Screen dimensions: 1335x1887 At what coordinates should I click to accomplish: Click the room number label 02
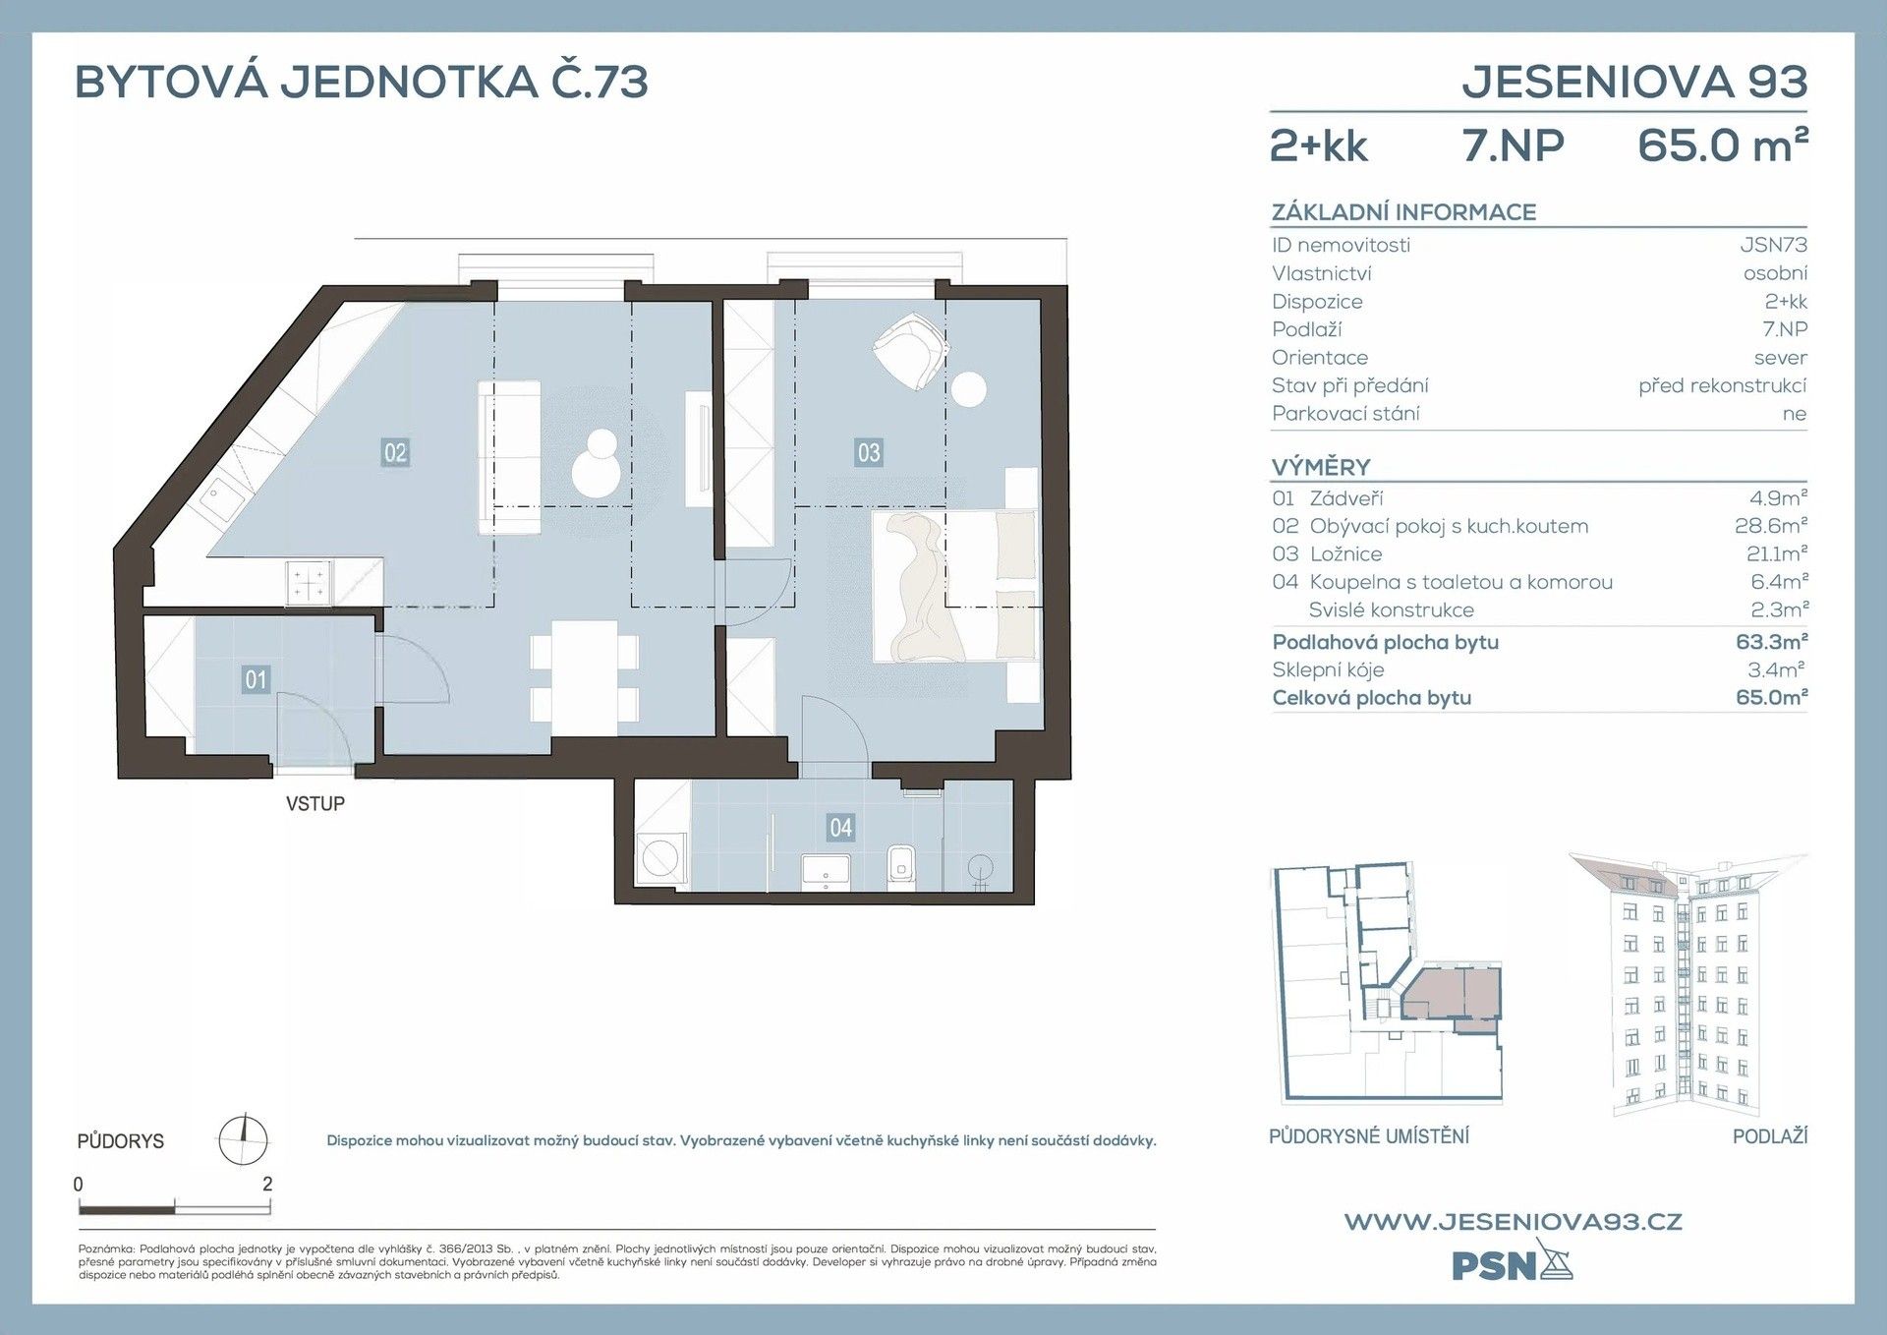click(x=395, y=452)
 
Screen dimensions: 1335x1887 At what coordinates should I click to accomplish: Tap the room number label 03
click(x=869, y=452)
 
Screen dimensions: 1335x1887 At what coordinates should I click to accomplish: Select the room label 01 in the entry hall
click(x=256, y=679)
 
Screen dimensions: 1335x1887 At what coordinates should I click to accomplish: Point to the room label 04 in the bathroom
click(x=840, y=828)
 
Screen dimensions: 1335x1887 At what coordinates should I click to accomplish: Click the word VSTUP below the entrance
click(x=315, y=803)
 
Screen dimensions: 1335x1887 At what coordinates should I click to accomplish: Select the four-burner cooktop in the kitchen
click(x=309, y=582)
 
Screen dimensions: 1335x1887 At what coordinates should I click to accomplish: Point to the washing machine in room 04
click(x=659, y=857)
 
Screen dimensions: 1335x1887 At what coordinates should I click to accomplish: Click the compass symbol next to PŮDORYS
click(x=242, y=1139)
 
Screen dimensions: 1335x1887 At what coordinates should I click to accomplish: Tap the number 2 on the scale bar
click(x=267, y=1184)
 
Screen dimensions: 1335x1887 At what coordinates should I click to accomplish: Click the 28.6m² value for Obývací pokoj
click(x=1770, y=526)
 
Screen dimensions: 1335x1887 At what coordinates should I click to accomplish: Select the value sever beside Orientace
click(x=1780, y=358)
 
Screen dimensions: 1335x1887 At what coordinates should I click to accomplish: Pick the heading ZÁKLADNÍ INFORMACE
click(x=1403, y=212)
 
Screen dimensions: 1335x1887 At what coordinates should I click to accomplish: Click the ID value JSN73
click(x=1773, y=245)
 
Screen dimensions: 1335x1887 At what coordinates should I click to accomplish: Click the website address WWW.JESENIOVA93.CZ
click(x=1513, y=1222)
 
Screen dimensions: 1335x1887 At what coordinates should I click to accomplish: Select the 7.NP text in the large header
click(x=1513, y=145)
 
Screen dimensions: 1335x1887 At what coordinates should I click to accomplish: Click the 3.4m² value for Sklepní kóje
click(x=1776, y=669)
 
